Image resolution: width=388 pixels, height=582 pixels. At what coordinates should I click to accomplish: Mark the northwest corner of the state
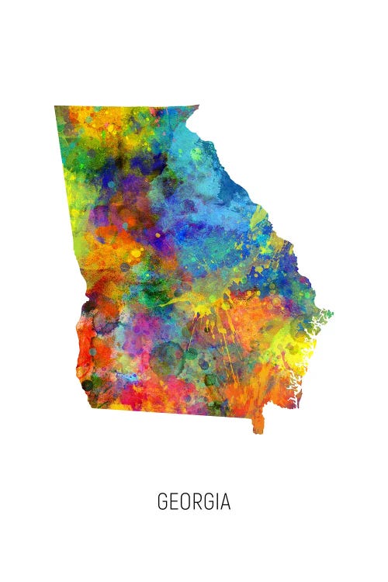[x=56, y=107]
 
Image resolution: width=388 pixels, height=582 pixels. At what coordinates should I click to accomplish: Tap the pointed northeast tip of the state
[x=198, y=106]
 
